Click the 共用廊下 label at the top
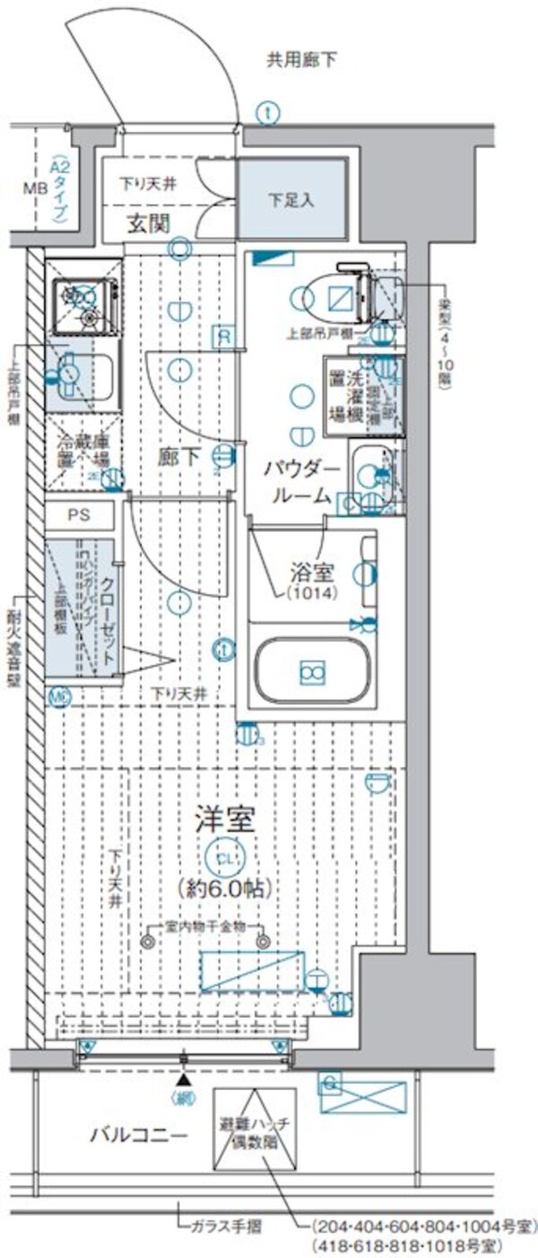click(300, 61)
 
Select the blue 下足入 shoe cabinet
click(292, 199)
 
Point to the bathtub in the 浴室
click(311, 669)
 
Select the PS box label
click(81, 516)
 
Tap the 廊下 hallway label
click(179, 457)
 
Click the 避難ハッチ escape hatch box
click(255, 1128)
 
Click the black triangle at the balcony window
click(185, 1083)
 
